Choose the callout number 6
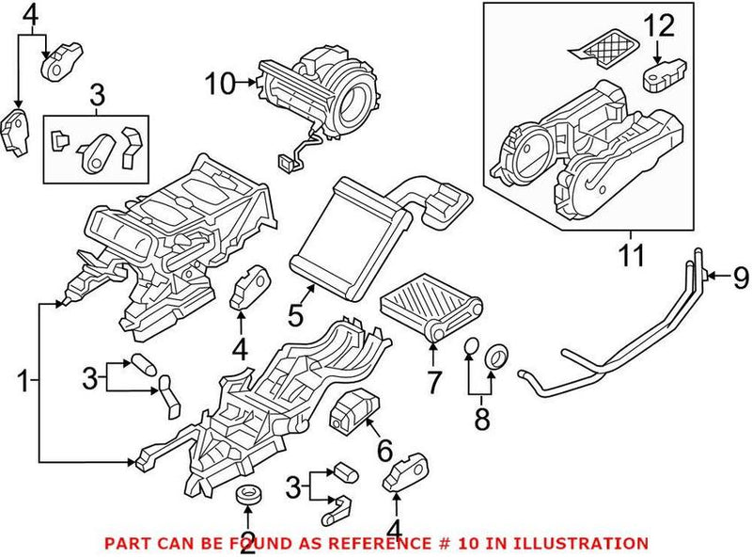384,451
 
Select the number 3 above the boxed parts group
98,94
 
